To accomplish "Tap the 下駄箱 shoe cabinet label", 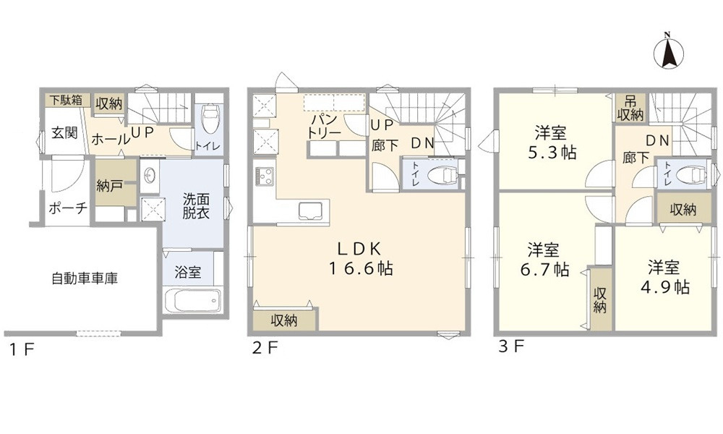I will click(x=65, y=99).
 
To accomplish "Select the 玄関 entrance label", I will click(x=64, y=135).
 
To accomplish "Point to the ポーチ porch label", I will click(x=68, y=208).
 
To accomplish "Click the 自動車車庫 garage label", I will click(x=85, y=276).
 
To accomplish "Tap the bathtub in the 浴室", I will click(x=192, y=299).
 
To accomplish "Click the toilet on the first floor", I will click(x=210, y=120).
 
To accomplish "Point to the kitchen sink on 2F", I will click(x=312, y=212).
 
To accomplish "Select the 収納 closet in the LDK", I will click(x=285, y=320).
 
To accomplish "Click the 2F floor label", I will click(x=265, y=348).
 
